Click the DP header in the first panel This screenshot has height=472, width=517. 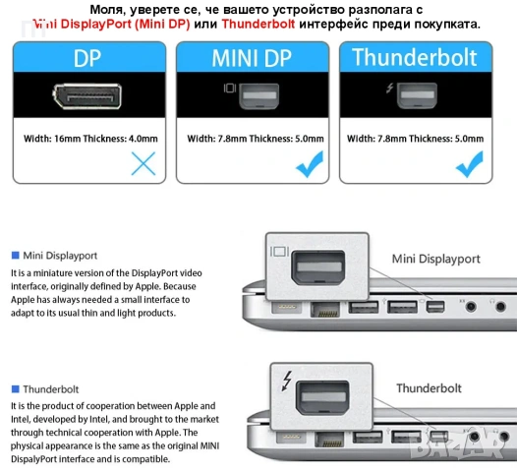coord(87,58)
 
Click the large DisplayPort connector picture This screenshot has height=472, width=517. coord(87,97)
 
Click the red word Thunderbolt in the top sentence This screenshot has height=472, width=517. coord(258,23)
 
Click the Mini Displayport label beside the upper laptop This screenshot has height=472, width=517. coord(436,259)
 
